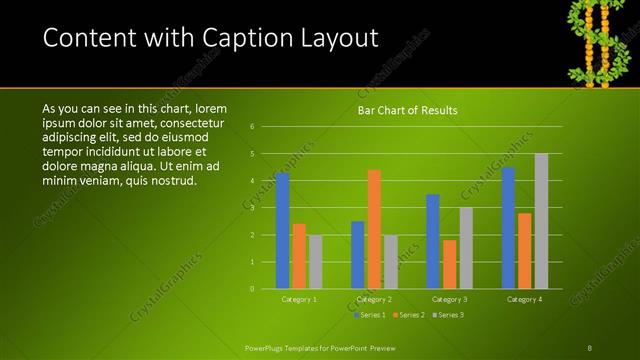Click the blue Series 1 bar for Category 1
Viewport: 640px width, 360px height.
pyautogui.click(x=282, y=230)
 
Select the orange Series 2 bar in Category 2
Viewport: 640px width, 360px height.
pyautogui.click(x=374, y=229)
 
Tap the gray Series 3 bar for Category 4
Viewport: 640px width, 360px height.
pyautogui.click(x=541, y=221)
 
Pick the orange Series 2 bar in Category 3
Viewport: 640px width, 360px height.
pyautogui.click(x=449, y=264)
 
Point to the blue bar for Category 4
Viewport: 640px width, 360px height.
pyautogui.click(x=508, y=227)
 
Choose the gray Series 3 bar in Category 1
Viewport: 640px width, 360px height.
pyautogui.click(x=315, y=261)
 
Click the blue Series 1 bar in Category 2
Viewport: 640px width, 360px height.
pyautogui.click(x=357, y=254)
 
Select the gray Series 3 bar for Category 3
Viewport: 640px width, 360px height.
pyautogui.click(x=466, y=247)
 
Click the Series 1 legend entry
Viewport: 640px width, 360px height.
pyautogui.click(x=370, y=315)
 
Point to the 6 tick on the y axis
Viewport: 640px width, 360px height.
pyautogui.click(x=253, y=126)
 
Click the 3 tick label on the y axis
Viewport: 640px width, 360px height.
pyautogui.click(x=253, y=207)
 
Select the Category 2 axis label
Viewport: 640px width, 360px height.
pyautogui.click(x=373, y=299)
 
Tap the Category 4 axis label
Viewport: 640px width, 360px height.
pyautogui.click(x=525, y=299)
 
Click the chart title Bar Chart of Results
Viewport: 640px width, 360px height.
pyautogui.click(x=407, y=110)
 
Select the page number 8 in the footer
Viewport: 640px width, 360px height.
pyautogui.click(x=590, y=348)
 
